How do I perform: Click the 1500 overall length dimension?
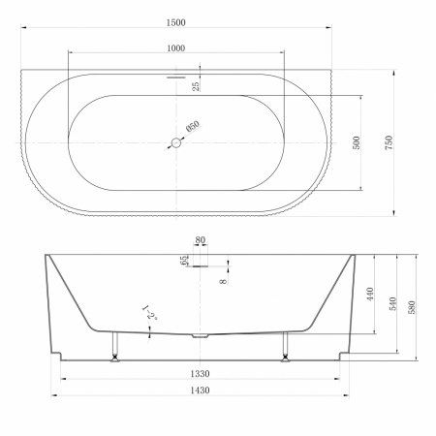176,22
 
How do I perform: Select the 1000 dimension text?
176,48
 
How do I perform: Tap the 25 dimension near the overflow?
196,86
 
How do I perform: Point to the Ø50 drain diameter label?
193,126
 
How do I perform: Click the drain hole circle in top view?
176,142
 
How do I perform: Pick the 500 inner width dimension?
357,142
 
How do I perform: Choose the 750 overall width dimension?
389,142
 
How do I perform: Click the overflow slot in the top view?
176,78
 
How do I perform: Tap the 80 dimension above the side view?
201,240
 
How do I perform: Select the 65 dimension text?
184,261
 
